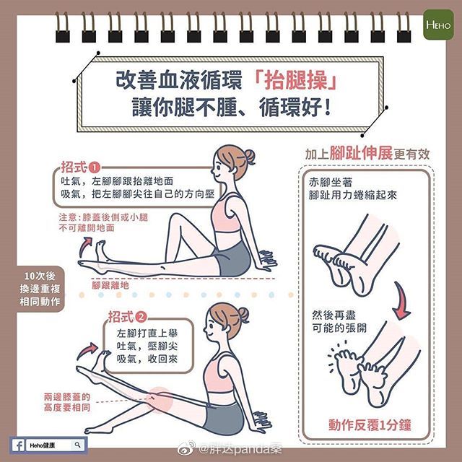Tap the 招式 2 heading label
click(x=127, y=316)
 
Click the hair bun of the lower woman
click(x=243, y=313)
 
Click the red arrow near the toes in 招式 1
click(x=87, y=241)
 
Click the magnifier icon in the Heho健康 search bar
click(x=77, y=444)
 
